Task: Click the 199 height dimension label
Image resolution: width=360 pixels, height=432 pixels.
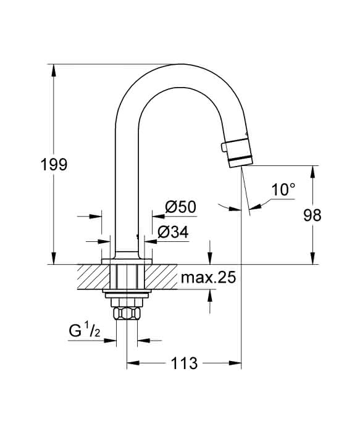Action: [54, 165]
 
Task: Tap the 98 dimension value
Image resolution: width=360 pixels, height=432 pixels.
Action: [312, 215]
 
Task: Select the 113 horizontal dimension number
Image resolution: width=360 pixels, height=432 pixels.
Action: [185, 363]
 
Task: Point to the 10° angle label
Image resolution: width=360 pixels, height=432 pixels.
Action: [283, 189]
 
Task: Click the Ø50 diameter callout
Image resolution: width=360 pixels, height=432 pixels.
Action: [180, 207]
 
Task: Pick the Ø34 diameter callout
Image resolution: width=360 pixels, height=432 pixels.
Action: [173, 232]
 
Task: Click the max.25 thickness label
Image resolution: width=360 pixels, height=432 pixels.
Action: [208, 278]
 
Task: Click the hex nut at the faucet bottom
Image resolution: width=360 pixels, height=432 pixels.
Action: [127, 314]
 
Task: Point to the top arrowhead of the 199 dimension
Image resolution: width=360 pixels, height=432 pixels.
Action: [54, 70]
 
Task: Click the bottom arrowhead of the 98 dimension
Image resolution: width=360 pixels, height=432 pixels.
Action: [312, 259]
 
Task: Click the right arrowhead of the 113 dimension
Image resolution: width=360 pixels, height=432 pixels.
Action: [235, 363]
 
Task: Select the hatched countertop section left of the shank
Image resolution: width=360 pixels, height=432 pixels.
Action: [93, 277]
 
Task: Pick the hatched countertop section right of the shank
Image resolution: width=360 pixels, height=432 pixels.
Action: [161, 277]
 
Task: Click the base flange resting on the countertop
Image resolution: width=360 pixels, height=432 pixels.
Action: [127, 262]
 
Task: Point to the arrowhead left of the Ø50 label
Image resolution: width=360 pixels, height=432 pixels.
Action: [159, 216]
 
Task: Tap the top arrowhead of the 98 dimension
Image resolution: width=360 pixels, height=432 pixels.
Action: [312, 172]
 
